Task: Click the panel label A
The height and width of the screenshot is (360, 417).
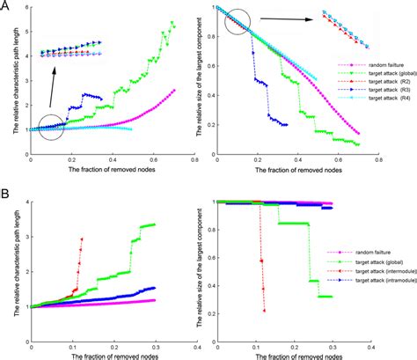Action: (x=6, y=6)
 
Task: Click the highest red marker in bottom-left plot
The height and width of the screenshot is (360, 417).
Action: (x=82, y=239)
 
